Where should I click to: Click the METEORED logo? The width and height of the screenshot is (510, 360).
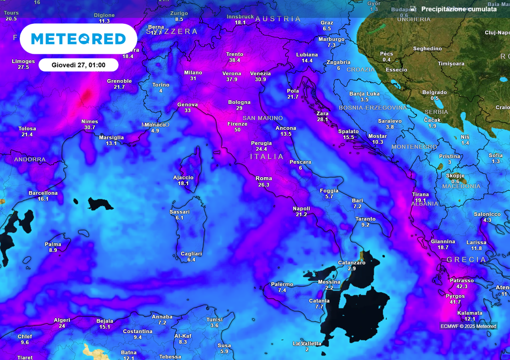pyautogui.click(x=79, y=38)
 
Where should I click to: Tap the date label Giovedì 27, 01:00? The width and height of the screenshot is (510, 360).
pyautogui.click(x=79, y=65)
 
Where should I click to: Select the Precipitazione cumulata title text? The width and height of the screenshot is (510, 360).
pyautogui.click(x=458, y=9)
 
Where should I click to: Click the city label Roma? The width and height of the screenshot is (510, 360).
pyautogui.click(x=263, y=178)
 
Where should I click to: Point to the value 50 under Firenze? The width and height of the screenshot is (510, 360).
pyautogui.click(x=238, y=130)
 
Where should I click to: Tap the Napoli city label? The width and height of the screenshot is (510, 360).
pyautogui.click(x=301, y=208)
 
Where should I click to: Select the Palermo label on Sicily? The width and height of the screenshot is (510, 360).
pyautogui.click(x=282, y=284)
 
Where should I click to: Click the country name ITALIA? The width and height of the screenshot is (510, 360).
pyautogui.click(x=267, y=156)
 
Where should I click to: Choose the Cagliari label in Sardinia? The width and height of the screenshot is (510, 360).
pyautogui.click(x=191, y=254)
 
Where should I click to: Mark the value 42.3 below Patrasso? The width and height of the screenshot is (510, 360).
pyautogui.click(x=462, y=286)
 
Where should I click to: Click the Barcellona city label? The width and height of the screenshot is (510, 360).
pyautogui.click(x=43, y=193)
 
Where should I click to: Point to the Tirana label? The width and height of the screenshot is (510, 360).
pyautogui.click(x=420, y=194)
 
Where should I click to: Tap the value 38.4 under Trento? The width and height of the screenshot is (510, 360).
pyautogui.click(x=235, y=60)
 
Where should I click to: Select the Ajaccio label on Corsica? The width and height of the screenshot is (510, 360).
pyautogui.click(x=183, y=177)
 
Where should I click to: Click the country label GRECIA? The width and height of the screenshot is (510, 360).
pyautogui.click(x=466, y=259)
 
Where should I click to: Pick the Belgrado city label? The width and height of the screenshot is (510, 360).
pyautogui.click(x=434, y=92)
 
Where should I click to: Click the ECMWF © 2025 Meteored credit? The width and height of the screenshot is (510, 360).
pyautogui.click(x=468, y=326)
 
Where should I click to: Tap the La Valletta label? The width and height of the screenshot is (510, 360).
pyautogui.click(x=307, y=344)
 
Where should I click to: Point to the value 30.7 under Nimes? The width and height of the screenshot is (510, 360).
pyautogui.click(x=90, y=127)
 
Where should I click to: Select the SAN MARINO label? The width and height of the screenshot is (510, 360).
pyautogui.click(x=262, y=118)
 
